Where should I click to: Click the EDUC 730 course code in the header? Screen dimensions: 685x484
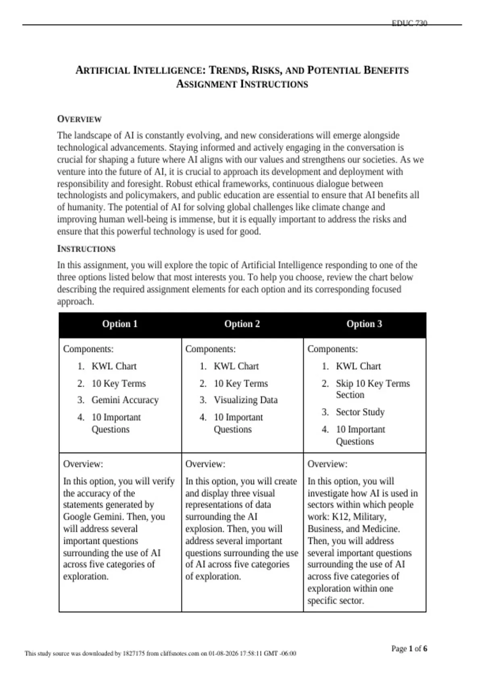(409, 23)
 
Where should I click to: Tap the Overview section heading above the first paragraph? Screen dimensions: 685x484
(79, 119)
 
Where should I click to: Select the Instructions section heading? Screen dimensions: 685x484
(86, 249)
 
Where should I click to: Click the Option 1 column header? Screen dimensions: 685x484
(120, 324)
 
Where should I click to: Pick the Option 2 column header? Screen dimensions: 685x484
(242, 324)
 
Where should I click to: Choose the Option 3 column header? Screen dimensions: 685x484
(364, 324)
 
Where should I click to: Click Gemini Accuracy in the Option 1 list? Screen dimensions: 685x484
(125, 400)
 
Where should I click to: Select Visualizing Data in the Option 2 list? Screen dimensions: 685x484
(246, 400)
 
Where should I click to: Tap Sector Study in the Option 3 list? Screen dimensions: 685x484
(360, 412)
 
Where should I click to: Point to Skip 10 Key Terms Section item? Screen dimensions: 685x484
(373, 389)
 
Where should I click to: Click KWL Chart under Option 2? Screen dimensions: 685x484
(236, 366)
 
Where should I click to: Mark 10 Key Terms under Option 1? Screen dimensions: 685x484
(119, 384)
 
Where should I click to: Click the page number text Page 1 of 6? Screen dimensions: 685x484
(409, 648)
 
